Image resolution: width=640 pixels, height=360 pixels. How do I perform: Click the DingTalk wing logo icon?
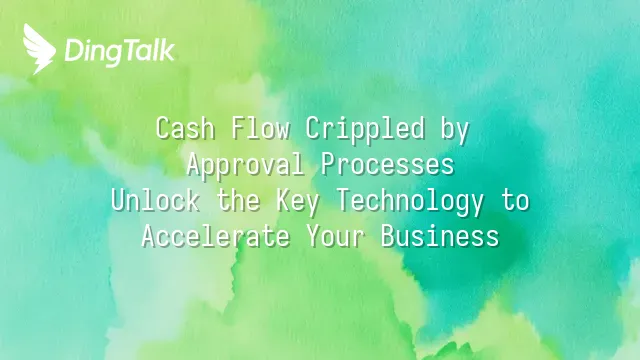coord(39,49)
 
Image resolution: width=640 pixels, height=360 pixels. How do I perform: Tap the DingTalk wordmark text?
coord(120,52)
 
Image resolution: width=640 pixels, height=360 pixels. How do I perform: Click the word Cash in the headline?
coord(186,128)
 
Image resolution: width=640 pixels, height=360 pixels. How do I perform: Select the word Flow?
coord(261,128)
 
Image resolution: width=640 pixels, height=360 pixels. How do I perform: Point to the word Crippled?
coord(365,130)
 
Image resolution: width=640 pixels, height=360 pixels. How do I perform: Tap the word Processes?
coord(387,165)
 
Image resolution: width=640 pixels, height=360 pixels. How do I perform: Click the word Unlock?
coord(156,200)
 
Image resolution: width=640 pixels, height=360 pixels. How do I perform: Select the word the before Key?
coord(239,200)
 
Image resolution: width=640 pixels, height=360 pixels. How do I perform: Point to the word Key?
coord(298,202)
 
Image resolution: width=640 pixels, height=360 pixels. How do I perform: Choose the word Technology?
coord(410,202)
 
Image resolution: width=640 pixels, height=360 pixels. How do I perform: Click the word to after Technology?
coord(515,201)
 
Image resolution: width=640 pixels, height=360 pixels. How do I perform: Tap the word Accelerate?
coord(216,236)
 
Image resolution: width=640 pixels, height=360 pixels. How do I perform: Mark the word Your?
coord(336,236)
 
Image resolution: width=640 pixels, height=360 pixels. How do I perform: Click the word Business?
coord(440,236)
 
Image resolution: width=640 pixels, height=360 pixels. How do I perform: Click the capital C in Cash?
coord(163,129)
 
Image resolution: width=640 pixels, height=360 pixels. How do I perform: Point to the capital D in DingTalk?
coord(74,51)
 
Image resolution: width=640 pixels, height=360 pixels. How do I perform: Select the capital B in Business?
coord(388,236)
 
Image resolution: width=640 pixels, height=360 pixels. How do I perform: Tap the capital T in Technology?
coord(343,200)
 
